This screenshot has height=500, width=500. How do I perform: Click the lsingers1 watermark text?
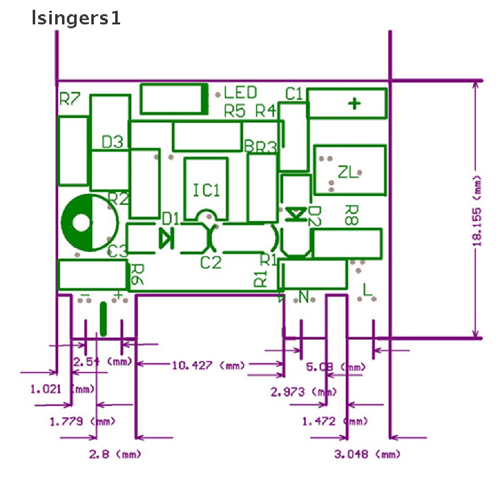pyautogui.click(x=76, y=19)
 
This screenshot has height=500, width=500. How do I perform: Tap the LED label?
pyautogui.click(x=240, y=92)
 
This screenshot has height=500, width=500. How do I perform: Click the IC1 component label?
pyautogui.click(x=207, y=190)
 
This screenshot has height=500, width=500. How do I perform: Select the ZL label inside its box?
pyautogui.click(x=347, y=172)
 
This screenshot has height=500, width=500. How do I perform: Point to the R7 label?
pyautogui.click(x=69, y=99)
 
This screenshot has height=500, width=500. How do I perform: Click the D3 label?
pyautogui.click(x=112, y=142)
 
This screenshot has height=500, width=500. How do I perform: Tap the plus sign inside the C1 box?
pyautogui.click(x=354, y=104)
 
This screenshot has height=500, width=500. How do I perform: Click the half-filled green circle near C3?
pyautogui.click(x=90, y=223)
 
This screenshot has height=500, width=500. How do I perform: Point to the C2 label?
pyautogui.click(x=211, y=263)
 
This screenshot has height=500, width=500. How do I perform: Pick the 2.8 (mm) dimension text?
pyautogui.click(x=115, y=455)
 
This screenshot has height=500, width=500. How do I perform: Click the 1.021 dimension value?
pyautogui.click(x=46, y=389)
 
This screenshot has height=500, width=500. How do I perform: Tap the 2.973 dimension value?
pyautogui.click(x=288, y=392)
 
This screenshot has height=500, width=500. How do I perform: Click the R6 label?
pyautogui.click(x=138, y=275)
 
